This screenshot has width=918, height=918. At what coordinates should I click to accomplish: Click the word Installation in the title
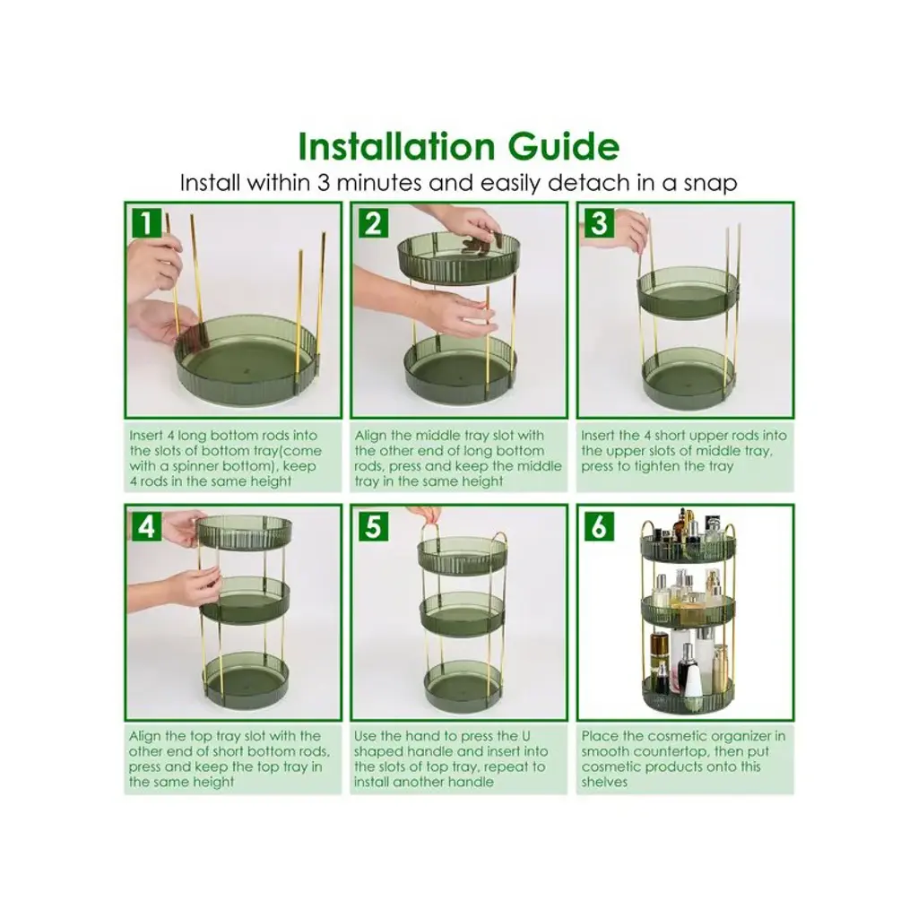(x=397, y=146)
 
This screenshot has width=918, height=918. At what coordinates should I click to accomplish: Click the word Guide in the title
(x=564, y=146)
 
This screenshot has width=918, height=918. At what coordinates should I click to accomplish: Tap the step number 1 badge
(x=146, y=223)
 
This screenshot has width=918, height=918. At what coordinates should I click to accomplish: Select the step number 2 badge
(x=373, y=223)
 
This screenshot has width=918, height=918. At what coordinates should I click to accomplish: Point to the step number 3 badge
(x=598, y=223)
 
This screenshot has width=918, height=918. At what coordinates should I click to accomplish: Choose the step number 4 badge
(x=146, y=526)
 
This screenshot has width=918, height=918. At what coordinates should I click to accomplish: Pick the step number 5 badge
(x=373, y=526)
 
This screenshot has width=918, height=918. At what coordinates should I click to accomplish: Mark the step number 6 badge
(x=598, y=526)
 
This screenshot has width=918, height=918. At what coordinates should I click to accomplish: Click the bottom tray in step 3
(x=688, y=377)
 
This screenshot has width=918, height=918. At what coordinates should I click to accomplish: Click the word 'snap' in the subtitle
(x=710, y=183)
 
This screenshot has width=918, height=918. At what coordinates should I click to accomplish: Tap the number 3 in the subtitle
(x=324, y=183)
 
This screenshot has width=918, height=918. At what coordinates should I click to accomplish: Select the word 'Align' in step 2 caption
(x=370, y=437)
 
